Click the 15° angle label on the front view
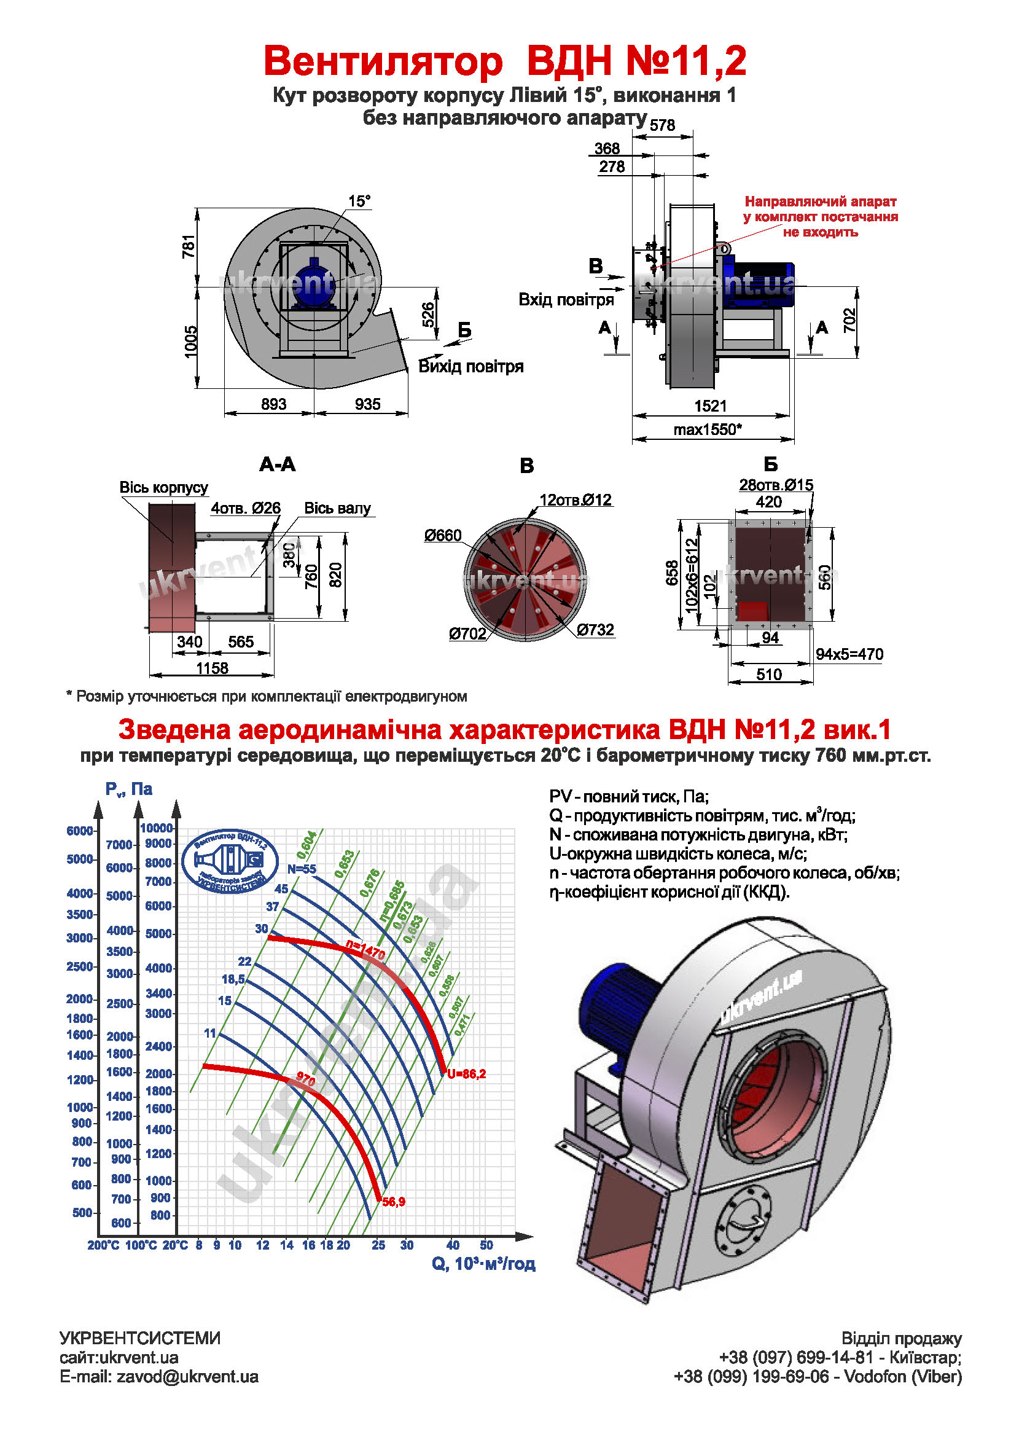pyautogui.click(x=359, y=201)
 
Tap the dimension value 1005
pyautogui.click(x=190, y=341)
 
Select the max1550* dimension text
pyautogui.click(x=708, y=429)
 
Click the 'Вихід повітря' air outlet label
pyautogui.click(x=470, y=366)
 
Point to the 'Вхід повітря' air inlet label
pyautogui.click(x=566, y=300)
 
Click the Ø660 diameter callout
pyautogui.click(x=442, y=535)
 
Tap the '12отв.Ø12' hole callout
pyautogui.click(x=576, y=500)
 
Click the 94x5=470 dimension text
pyautogui.click(x=849, y=654)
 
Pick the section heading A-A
pyautogui.click(x=277, y=464)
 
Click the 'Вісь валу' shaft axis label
pyautogui.click(x=337, y=507)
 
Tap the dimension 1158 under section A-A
pyautogui.click(x=212, y=668)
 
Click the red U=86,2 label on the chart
pyautogui.click(x=466, y=1074)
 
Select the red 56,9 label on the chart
pyautogui.click(x=394, y=1202)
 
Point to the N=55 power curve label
pyautogui.click(x=302, y=869)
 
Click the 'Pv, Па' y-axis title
pyautogui.click(x=128, y=789)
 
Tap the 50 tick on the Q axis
pyautogui.click(x=486, y=1245)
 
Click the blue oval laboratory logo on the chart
pyautogui.click(x=230, y=862)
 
